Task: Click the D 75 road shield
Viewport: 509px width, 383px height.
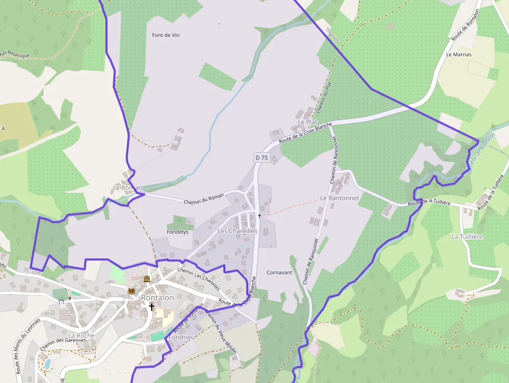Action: (261, 157)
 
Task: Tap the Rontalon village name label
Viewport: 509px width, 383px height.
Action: (157, 298)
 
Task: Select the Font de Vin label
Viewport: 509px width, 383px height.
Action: (166, 35)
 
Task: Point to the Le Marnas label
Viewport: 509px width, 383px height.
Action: (459, 54)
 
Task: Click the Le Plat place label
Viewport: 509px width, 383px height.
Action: (307, 122)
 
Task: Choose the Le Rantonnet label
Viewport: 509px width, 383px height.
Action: (340, 198)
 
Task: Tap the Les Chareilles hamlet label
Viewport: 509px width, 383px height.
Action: (237, 231)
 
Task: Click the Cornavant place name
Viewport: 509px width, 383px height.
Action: (279, 272)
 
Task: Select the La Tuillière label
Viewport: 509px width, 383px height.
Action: (467, 236)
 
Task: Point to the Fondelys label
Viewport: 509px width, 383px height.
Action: (178, 232)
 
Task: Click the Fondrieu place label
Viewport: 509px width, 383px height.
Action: (181, 337)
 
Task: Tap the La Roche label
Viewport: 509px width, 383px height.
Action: (82, 336)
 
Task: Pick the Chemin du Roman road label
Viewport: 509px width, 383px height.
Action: (204, 199)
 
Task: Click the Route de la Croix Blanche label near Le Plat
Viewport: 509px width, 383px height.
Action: (305, 133)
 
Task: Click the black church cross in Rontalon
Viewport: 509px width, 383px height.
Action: (152, 307)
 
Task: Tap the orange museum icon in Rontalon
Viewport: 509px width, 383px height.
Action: (147, 280)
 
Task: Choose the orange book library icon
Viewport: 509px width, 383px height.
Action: (131, 291)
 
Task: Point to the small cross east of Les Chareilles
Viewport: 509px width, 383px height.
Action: (259, 215)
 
